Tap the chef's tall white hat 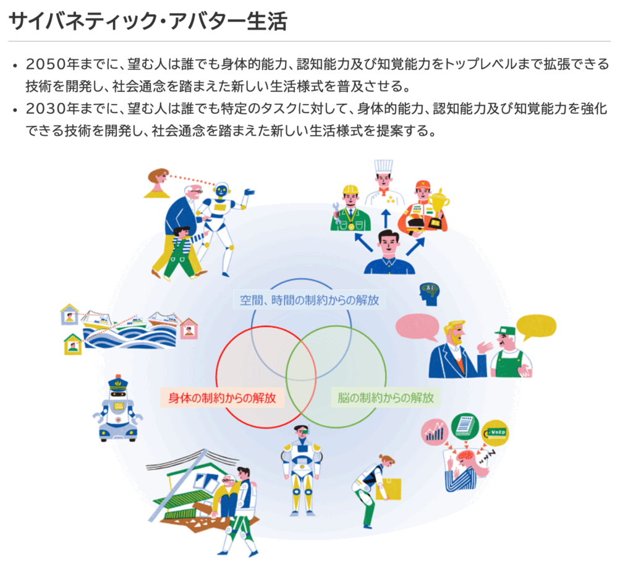[383, 167]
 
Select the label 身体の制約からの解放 [222, 398]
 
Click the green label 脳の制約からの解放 [386, 398]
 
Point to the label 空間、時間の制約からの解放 [309, 300]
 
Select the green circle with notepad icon [465, 426]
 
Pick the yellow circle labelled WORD [496, 433]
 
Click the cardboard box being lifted [389, 488]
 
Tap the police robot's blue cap [118, 382]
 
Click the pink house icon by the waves [189, 328]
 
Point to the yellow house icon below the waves [73, 344]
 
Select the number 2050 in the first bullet [46, 64]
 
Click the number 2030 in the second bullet [46, 109]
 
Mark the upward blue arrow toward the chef [386, 218]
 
